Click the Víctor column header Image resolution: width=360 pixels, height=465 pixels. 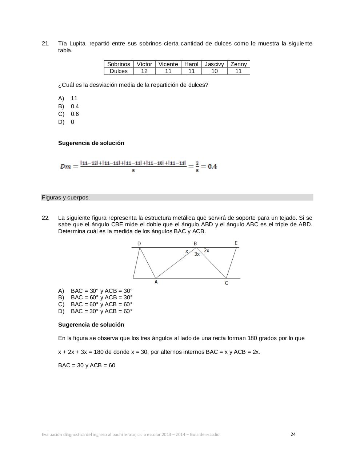click(144, 64)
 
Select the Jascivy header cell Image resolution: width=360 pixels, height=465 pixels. click(214, 64)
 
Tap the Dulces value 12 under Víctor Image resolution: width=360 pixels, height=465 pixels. click(144, 71)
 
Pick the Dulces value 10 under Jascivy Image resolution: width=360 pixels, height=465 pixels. click(215, 71)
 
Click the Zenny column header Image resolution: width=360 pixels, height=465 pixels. click(239, 64)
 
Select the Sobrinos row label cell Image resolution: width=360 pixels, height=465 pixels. click(119, 64)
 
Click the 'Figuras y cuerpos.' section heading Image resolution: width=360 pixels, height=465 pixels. click(66, 198)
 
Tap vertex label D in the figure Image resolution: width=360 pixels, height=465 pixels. click(139, 243)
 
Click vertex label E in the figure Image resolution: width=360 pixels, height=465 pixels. click(236, 243)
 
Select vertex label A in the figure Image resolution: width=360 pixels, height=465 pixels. click(156, 282)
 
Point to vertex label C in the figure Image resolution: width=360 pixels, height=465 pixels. click(226, 283)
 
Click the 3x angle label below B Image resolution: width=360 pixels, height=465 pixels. click(197, 254)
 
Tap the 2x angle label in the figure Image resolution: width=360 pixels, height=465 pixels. click(207, 250)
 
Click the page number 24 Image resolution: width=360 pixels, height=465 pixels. click(293, 434)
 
